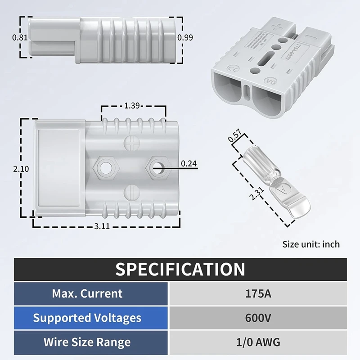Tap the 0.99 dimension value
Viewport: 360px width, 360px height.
(x=185, y=38)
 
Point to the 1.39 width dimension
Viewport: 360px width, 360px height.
(x=131, y=106)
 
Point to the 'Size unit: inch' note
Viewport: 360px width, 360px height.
(x=311, y=244)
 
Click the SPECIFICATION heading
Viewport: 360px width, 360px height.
(x=180, y=269)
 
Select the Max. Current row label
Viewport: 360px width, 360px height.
(x=87, y=294)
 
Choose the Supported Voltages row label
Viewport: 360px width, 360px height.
(x=87, y=318)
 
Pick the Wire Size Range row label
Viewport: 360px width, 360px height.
(x=87, y=342)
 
